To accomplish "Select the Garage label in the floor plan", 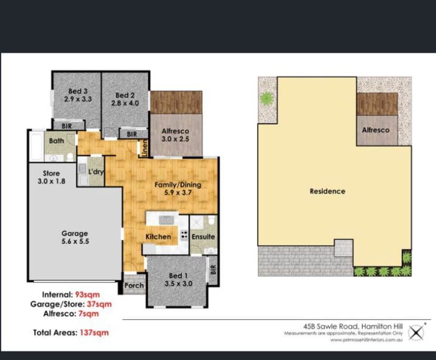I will pos(74,233).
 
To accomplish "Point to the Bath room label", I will pos(56,141).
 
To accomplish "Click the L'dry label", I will pos(95,172).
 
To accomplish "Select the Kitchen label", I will pos(158,237).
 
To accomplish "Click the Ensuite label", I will pos(203,237).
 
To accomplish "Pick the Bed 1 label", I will pos(177,276).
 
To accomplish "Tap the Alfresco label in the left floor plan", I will pos(175,131).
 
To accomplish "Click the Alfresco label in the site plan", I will pos(375,130).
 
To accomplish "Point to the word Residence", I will pos(327,191).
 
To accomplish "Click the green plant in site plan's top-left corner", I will pos(267,98).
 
